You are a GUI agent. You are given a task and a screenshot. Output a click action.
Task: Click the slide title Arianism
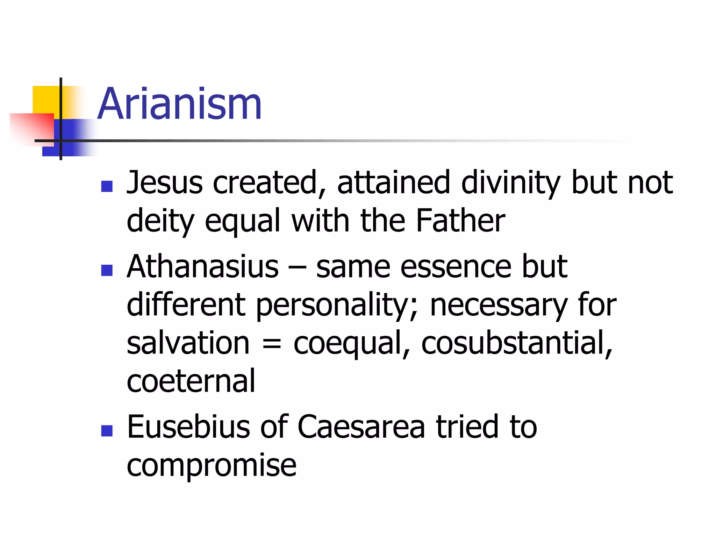point(179,104)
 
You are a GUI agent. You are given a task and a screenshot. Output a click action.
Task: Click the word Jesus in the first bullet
point(164,182)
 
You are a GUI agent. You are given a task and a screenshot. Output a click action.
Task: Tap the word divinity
point(510,182)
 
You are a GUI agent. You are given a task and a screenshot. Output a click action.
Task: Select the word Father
point(460,221)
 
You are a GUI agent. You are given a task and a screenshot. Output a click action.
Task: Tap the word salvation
point(188,343)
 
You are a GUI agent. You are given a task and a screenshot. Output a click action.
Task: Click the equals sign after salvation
point(271,344)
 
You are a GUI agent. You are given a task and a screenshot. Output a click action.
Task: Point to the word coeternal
point(191,381)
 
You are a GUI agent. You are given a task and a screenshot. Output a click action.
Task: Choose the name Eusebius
point(188,427)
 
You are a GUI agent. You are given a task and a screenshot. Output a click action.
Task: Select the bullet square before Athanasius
point(107,270)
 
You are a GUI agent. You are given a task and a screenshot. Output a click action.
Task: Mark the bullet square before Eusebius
point(107,431)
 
